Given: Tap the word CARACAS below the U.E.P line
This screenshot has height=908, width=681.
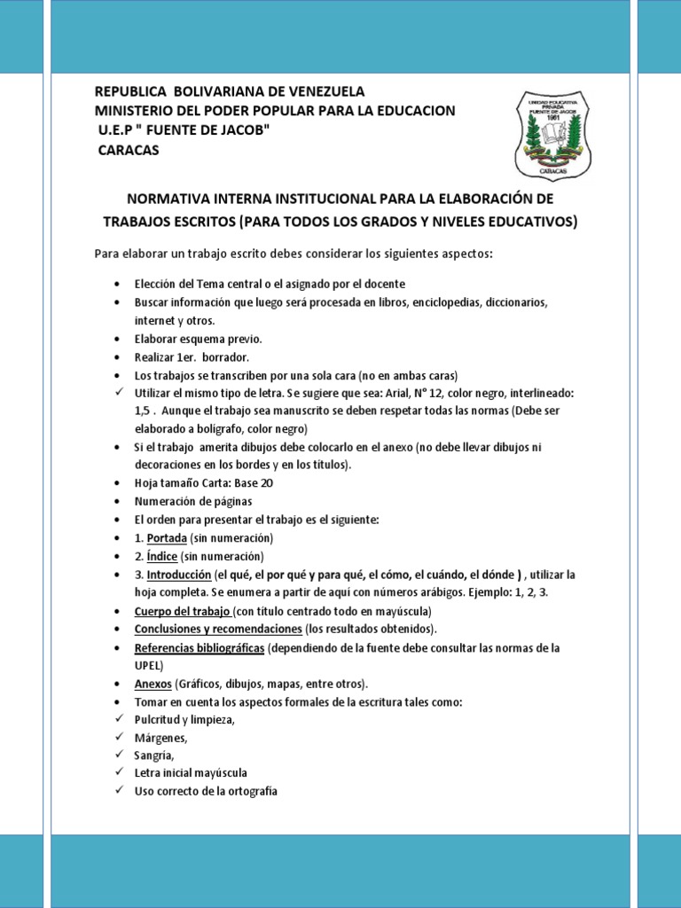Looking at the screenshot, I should tap(128, 150).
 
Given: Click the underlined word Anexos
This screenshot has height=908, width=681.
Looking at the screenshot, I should tap(153, 684).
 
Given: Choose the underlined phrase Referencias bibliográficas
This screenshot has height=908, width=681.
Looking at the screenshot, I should tap(200, 648).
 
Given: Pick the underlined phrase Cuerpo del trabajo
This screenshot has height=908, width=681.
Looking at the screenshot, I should tap(183, 612).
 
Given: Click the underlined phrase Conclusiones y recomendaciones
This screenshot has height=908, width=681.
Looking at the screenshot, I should tap(217, 630).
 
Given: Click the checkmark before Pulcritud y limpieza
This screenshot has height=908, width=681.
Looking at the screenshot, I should tap(119, 719).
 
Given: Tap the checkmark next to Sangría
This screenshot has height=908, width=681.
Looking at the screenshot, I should tap(119, 755).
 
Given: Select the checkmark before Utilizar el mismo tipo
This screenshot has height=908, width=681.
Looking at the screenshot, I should tap(119, 392).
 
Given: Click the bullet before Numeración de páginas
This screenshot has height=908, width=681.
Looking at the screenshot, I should tap(119, 502).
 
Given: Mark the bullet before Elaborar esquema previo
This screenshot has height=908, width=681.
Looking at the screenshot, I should tap(119, 339).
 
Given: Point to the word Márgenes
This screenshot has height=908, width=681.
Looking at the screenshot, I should tap(160, 738).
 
